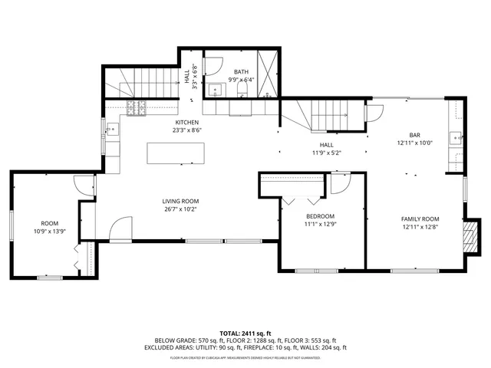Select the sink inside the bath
pos(216,90)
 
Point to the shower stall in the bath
pos(267,74)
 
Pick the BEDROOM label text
pos(320,216)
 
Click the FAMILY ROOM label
pos(420,219)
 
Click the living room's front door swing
pos(120,228)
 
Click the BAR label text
pos(414,135)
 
